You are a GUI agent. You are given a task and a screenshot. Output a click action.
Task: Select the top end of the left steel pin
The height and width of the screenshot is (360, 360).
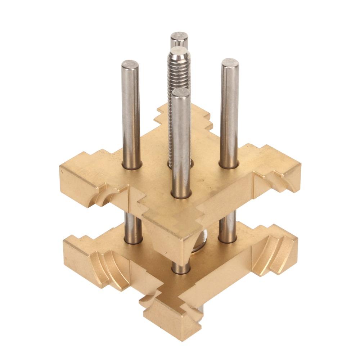click(x=130, y=65)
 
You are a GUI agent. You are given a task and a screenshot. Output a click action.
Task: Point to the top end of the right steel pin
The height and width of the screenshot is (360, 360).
click(x=230, y=63)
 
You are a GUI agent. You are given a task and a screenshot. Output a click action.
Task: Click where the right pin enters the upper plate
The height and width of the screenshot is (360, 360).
click(x=229, y=165)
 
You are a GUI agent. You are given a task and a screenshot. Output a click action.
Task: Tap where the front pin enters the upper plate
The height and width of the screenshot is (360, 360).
click(x=181, y=194)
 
